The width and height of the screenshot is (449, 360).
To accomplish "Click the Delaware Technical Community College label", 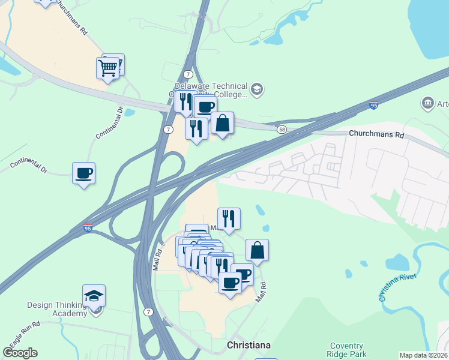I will tap(210, 90).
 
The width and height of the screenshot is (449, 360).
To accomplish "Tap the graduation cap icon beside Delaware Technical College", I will tap(257, 89).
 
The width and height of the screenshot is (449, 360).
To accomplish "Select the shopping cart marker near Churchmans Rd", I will tap(107, 68).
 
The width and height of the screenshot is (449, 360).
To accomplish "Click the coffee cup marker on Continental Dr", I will tap(83, 173).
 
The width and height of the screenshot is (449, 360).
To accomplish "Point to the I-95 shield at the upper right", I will tap(373, 105).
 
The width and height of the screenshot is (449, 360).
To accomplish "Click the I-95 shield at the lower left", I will tap(88, 228).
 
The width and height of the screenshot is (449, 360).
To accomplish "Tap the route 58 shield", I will tap(282, 129).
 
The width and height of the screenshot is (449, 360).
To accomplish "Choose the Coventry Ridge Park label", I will tap(346, 350).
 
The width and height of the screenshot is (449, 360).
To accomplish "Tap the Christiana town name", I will tap(249, 346).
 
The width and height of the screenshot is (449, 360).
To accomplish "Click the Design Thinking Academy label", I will tap(57, 309).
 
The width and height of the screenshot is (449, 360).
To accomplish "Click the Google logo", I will tap(20, 353).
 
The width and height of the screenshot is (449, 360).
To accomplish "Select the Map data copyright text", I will tap(423, 355).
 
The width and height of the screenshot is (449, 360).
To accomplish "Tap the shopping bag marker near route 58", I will tap(222, 124).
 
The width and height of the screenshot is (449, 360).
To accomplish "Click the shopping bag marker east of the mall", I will tap(257, 250).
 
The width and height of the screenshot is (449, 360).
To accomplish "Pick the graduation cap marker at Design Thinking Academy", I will tap(94, 296).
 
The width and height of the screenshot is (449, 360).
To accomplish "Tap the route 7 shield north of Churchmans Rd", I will tap(188, 74).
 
